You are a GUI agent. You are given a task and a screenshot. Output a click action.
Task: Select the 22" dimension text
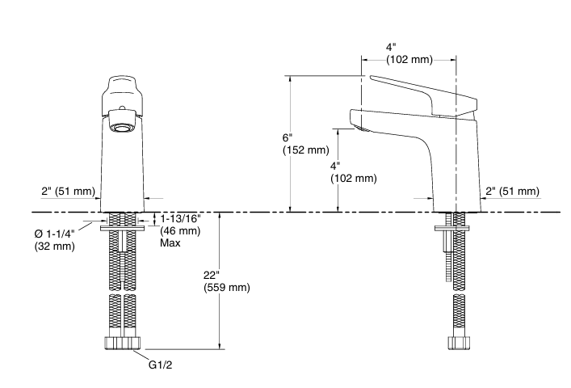point(214,275)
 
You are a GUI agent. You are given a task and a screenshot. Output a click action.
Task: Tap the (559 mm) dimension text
point(226,287)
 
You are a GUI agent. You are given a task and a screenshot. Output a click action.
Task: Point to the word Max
point(170,242)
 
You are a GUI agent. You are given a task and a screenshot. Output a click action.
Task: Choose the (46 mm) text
point(179,231)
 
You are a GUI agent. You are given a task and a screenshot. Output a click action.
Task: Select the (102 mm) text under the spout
point(354,179)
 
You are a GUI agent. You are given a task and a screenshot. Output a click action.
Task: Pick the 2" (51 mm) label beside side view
point(511,192)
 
